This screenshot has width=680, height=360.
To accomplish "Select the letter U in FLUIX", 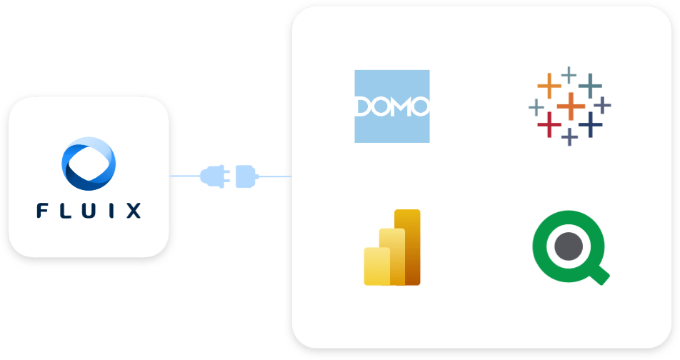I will point(89,211).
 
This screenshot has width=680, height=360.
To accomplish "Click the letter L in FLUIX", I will point(66,211).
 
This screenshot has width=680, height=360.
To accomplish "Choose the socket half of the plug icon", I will point(244,176).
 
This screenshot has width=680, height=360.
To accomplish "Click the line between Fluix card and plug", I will point(184,176).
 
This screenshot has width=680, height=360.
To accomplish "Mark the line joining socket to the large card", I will point(274,176).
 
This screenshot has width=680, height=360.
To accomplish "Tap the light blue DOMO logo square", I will point(392,106).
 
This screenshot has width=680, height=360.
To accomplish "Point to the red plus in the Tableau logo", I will point(549,125).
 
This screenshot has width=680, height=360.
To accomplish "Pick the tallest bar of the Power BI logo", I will point(409,246).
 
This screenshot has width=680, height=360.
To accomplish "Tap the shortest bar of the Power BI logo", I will point(376,266).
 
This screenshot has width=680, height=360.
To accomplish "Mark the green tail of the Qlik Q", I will point(601,275).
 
